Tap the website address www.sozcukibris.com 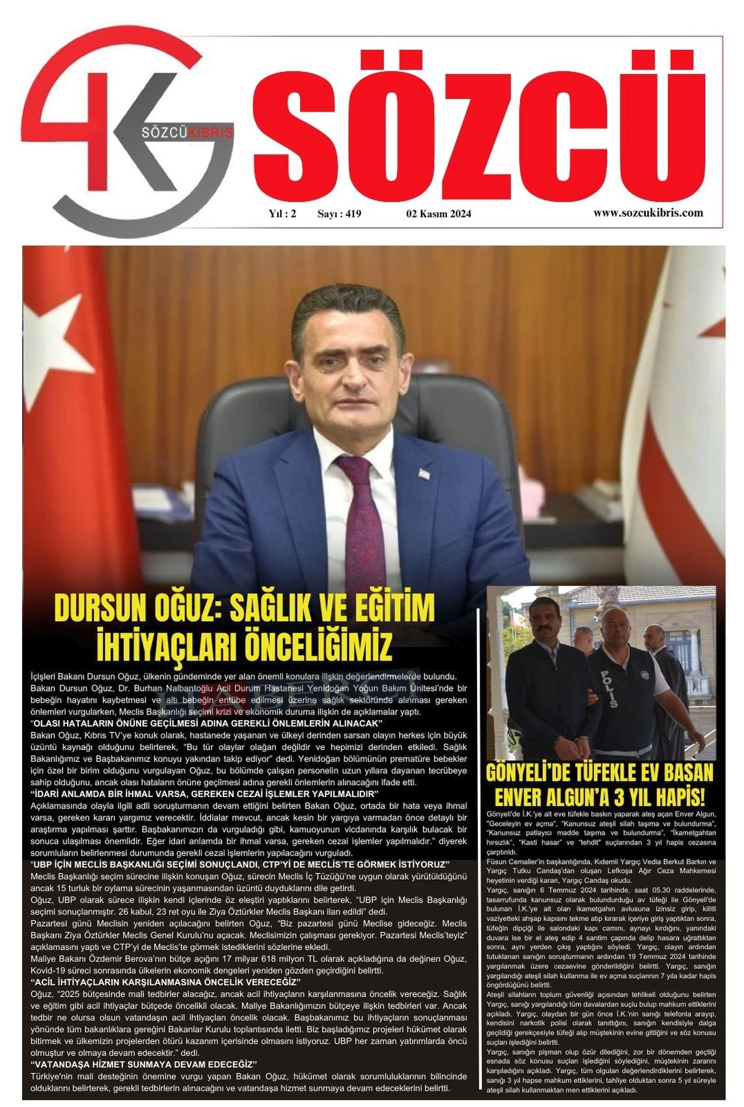coord(648,212)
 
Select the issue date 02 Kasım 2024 coord(438,214)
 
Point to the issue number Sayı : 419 coord(339,214)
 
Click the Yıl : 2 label coord(282,214)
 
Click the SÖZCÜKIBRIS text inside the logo coord(187,132)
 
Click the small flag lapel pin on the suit coord(424,472)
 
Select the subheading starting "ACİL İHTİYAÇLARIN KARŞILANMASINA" coord(165,981)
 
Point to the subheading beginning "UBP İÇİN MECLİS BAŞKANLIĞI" coord(240,863)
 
